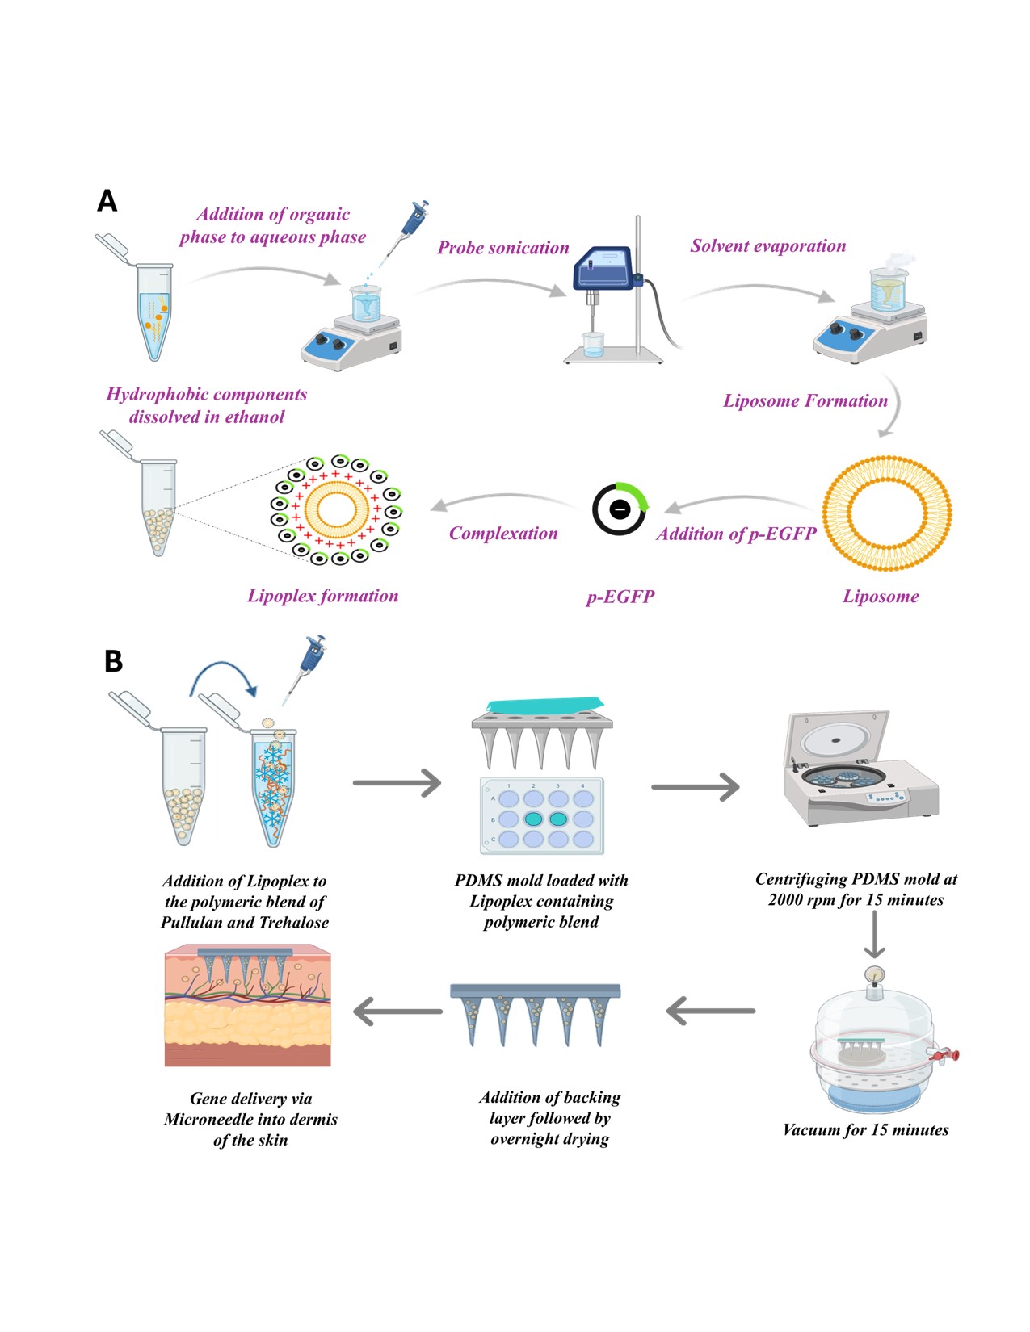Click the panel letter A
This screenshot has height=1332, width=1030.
(107, 200)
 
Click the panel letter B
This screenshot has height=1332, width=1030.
(113, 661)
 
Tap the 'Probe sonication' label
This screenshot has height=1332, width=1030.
(503, 248)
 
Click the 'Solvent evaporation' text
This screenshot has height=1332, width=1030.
(767, 246)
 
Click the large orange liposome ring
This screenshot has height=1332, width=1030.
(887, 513)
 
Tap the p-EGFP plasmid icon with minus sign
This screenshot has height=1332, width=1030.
(620, 509)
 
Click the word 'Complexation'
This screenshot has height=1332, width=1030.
(503, 534)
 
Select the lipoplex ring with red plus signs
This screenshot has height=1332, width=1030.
(336, 509)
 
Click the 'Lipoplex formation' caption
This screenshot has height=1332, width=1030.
(322, 596)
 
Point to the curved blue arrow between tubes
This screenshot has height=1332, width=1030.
(223, 678)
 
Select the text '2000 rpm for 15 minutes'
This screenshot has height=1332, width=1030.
(856, 900)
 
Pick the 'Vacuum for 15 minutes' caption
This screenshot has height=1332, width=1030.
(865, 1130)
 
